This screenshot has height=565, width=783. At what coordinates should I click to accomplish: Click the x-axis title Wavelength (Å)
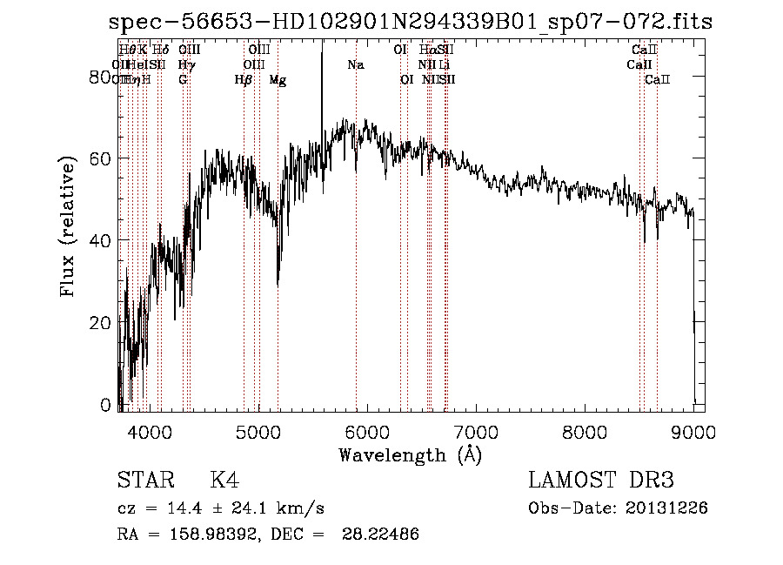pyautogui.click(x=410, y=454)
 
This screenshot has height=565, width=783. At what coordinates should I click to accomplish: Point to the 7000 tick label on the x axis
pyautogui.click(x=475, y=431)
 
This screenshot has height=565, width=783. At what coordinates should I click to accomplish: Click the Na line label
pyautogui.click(x=355, y=65)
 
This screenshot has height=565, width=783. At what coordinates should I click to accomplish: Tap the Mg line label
pyautogui.click(x=278, y=80)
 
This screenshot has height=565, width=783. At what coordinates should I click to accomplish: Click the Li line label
pyautogui.click(x=444, y=65)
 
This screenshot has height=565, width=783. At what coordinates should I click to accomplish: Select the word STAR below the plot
pyautogui.click(x=144, y=481)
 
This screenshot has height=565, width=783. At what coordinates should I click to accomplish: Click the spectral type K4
pyautogui.click(x=224, y=481)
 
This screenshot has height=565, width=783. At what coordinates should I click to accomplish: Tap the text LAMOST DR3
pyautogui.click(x=601, y=481)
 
